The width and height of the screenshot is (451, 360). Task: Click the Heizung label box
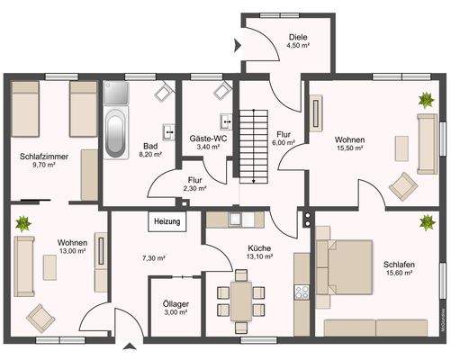[167, 221]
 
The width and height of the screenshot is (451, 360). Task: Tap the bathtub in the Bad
[115, 133]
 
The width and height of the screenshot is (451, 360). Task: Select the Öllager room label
[176, 304]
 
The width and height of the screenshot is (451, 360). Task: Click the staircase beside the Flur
[254, 147]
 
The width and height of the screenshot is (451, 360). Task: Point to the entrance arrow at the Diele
[238, 46]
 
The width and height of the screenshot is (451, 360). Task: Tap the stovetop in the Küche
[302, 292]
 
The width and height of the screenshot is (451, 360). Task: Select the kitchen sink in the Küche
[235, 220]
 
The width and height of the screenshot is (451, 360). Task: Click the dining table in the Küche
[241, 301]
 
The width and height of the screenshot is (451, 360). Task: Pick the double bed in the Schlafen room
[344, 267]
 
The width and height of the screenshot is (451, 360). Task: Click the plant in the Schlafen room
[428, 222]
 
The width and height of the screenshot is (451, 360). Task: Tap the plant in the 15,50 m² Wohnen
[427, 100]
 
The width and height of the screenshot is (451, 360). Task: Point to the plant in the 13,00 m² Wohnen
[23, 223]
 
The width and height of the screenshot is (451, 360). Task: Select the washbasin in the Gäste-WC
[226, 121]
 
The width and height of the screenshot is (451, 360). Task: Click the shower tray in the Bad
[116, 93]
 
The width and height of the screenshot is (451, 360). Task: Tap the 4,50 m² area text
[298, 45]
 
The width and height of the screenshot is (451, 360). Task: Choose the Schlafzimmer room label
[44, 157]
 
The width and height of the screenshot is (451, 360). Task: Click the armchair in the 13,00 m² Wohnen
[41, 319]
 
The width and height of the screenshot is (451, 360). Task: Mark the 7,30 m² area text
[154, 257]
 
